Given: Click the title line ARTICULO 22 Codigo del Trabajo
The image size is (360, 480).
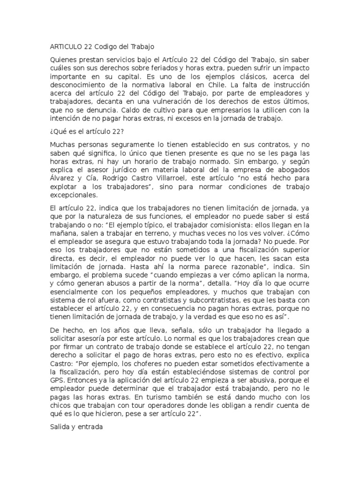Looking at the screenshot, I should click(x=102, y=47).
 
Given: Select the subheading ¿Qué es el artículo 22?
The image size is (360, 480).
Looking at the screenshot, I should click(x=86, y=133).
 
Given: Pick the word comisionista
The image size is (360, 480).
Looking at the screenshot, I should click(x=218, y=225).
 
